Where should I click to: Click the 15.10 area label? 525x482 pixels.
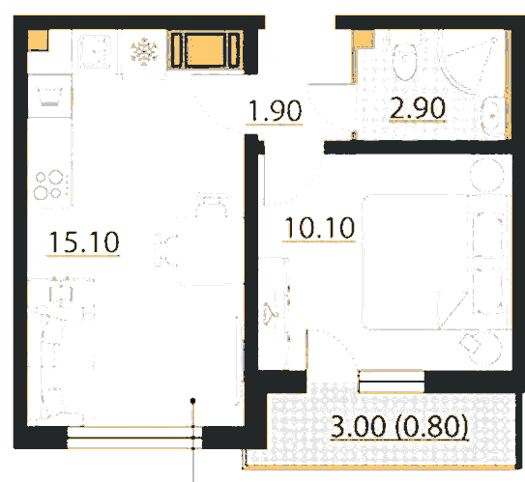(x=84, y=241)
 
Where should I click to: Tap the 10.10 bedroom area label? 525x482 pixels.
(x=319, y=228)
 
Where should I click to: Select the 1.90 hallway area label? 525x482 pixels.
(x=275, y=111)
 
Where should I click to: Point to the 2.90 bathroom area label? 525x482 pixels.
(x=418, y=108)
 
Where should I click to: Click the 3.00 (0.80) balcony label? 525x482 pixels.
(x=399, y=426)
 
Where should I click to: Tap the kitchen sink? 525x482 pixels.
(x=94, y=51)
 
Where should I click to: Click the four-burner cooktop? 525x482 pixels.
(x=48, y=184)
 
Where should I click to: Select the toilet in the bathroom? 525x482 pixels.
(x=404, y=62)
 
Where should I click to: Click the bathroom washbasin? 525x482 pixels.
(x=492, y=116)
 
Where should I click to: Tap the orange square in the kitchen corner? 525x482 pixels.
(x=38, y=41)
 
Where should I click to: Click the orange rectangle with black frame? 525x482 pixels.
(x=205, y=50)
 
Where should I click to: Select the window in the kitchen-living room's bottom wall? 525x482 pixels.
(x=134, y=438)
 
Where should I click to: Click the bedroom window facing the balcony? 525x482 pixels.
(x=391, y=382)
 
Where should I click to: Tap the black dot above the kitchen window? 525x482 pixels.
(x=192, y=401)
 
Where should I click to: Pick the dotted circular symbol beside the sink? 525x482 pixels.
(x=144, y=51)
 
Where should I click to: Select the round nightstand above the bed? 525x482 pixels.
(x=486, y=175)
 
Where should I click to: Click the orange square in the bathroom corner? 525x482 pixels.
(x=364, y=40)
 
